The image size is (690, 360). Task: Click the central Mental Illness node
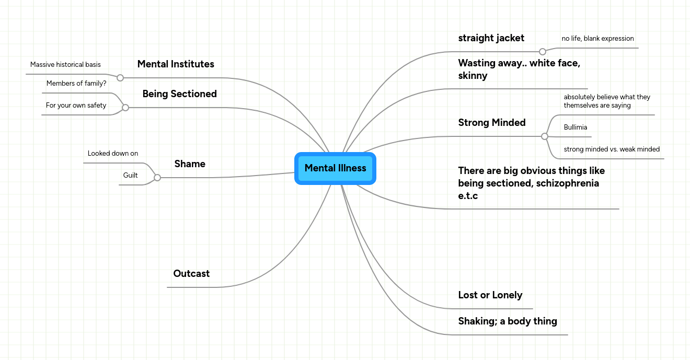tap(335, 168)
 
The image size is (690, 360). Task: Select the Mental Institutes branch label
tap(176, 64)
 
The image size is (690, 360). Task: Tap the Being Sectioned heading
tap(179, 94)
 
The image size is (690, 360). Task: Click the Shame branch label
tap(190, 164)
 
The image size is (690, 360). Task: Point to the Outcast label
tap(191, 274)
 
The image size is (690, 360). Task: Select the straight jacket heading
tap(491, 38)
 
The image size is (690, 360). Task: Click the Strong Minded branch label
tap(491, 123)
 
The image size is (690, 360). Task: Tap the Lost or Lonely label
tap(490, 295)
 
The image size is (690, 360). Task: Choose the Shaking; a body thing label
tap(507, 321)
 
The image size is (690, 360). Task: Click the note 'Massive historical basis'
tap(65, 65)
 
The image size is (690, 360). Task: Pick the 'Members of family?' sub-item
tap(76, 84)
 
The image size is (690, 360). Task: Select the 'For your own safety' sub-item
tap(76, 106)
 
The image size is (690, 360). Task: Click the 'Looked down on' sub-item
tap(113, 154)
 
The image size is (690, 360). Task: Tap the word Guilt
tap(130, 176)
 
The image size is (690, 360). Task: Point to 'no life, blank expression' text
tap(597, 39)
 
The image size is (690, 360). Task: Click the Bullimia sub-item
tap(575, 127)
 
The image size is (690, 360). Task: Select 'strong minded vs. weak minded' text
tap(612, 149)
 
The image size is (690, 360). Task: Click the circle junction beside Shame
tap(157, 178)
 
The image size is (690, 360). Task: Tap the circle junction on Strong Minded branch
tap(545, 136)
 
